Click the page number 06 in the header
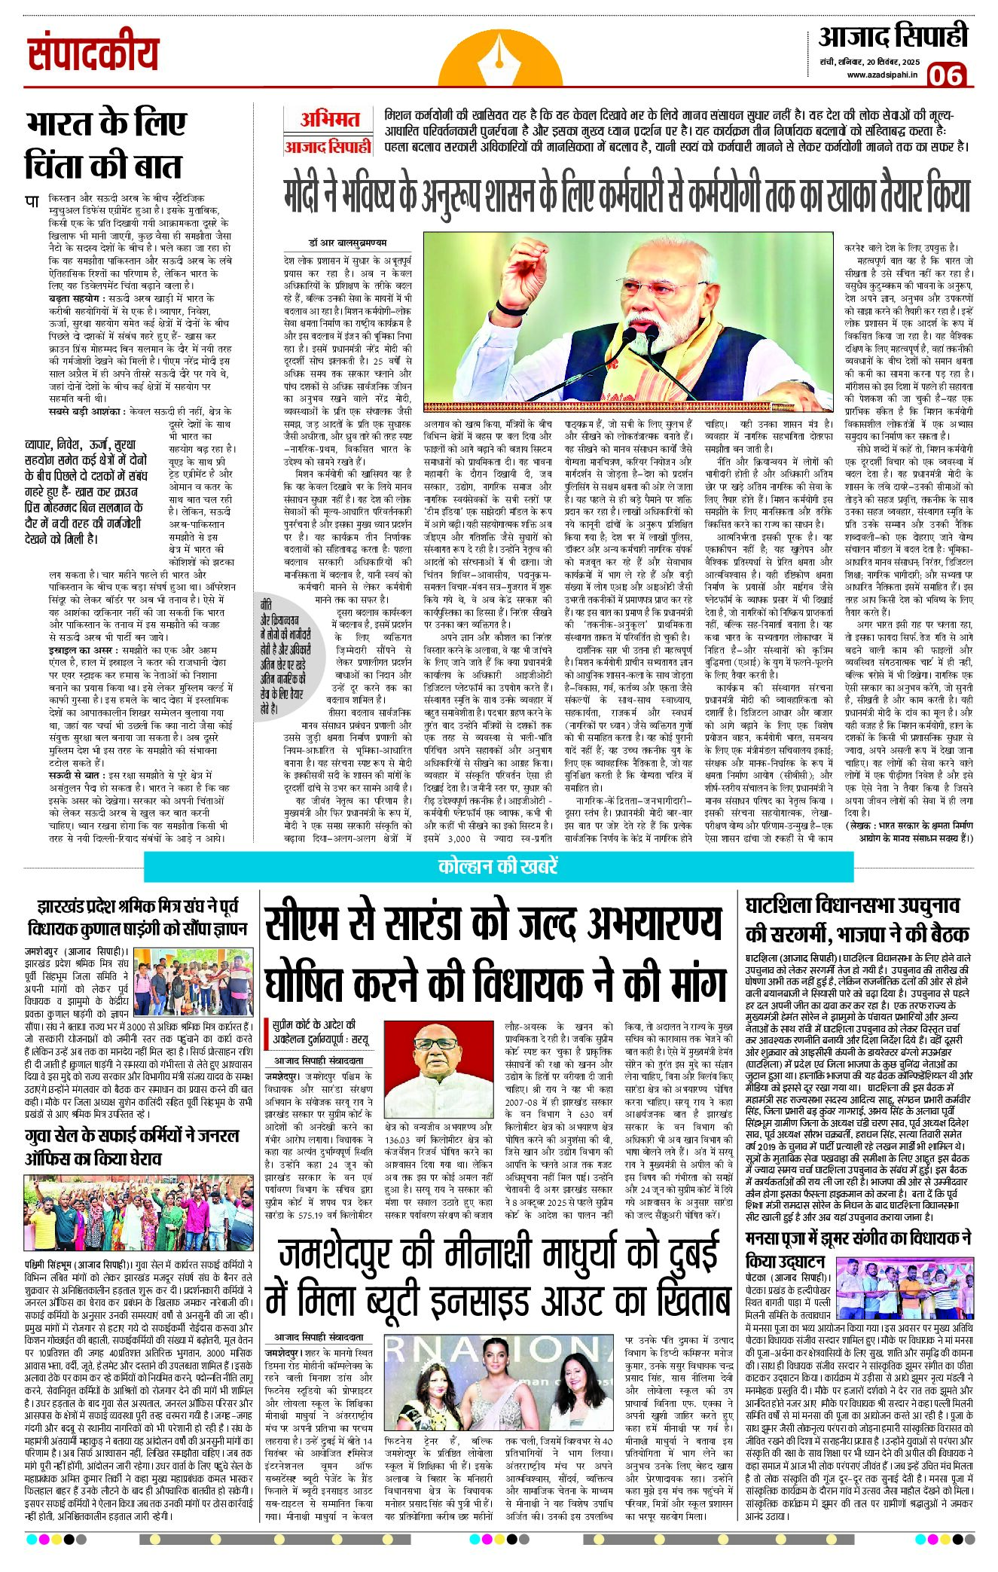[945, 75]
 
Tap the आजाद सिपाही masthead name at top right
[893, 36]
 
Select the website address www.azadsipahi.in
[882, 75]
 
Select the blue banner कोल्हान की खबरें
[498, 866]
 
